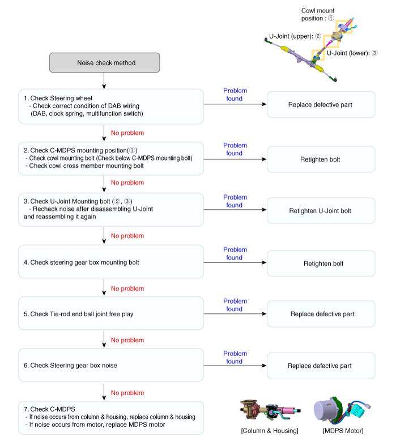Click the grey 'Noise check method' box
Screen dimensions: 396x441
click(x=105, y=62)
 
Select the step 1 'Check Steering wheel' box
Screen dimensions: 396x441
click(x=111, y=107)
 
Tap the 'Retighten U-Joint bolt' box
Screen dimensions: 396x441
click(x=321, y=211)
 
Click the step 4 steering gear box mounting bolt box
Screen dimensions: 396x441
click(x=111, y=261)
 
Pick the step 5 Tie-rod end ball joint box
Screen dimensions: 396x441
click(x=111, y=313)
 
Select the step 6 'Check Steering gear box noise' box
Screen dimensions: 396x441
click(x=111, y=365)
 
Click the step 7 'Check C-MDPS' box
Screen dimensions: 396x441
click(x=111, y=418)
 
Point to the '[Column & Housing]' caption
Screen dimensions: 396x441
click(x=270, y=431)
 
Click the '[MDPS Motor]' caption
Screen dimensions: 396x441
click(x=343, y=431)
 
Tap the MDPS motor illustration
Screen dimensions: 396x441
click(x=340, y=410)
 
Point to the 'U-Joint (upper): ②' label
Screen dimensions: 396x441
click(x=295, y=36)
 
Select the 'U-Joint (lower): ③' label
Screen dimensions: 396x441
click(x=352, y=53)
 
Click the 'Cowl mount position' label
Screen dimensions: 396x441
click(x=318, y=14)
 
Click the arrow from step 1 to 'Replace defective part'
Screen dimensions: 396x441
click(x=235, y=104)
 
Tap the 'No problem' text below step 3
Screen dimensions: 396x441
click(x=127, y=236)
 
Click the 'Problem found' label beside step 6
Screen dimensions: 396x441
click(x=235, y=358)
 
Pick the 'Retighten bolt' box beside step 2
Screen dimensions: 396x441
click(x=321, y=159)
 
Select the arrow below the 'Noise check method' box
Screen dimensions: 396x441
click(x=104, y=80)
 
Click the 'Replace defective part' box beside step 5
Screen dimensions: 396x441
click(x=321, y=314)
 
